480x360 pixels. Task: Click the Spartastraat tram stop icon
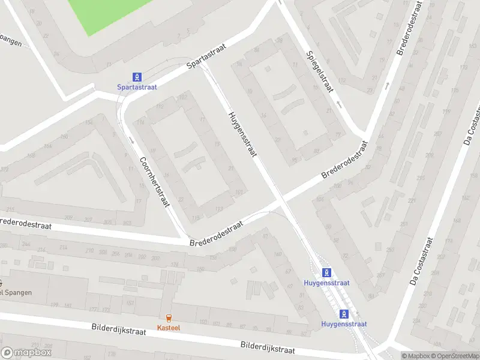pyautogui.click(x=137, y=77)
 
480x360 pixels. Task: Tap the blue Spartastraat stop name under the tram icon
pyautogui.click(x=137, y=87)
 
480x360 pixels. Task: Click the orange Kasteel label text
pyautogui.click(x=168, y=328)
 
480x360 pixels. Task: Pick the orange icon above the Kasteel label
pyautogui.click(x=168, y=319)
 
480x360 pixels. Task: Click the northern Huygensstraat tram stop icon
pyautogui.click(x=326, y=272)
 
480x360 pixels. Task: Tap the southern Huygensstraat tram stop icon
pyautogui.click(x=344, y=314)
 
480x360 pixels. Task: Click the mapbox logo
pyautogui.click(x=26, y=353)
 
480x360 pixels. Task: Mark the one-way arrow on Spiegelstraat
pyautogui.click(x=339, y=104)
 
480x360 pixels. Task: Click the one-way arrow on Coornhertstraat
pyautogui.click(x=131, y=140)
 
